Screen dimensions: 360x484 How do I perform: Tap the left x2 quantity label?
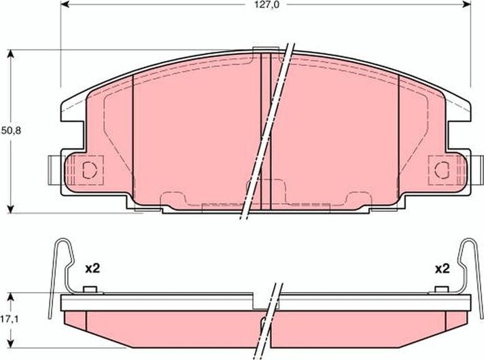(92, 268)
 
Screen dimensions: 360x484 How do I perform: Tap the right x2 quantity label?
(442, 268)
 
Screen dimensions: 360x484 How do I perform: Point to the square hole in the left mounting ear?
(89, 170)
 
